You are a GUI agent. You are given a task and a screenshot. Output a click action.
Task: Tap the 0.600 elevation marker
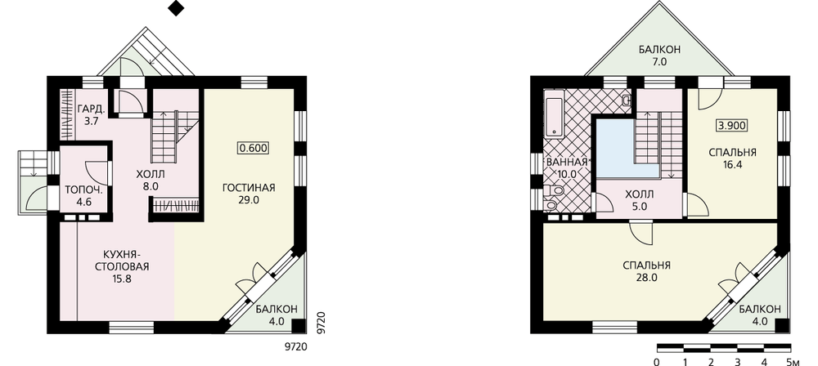tap(253, 148)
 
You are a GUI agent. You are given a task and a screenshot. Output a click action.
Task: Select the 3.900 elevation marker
tap(731, 125)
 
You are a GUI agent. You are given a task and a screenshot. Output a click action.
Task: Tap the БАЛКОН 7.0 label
tap(659, 56)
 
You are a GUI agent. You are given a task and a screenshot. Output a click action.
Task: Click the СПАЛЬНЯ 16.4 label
tap(732, 158)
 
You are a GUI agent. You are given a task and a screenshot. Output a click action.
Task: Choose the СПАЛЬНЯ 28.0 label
tap(646, 271)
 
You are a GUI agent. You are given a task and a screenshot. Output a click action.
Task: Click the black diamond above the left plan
tap(177, 8)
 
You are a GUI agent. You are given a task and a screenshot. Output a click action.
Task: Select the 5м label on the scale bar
tap(793, 361)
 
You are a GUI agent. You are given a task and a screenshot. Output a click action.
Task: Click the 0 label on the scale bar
tap(657, 361)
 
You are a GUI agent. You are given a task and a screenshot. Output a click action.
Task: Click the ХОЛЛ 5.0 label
tap(640, 199)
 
